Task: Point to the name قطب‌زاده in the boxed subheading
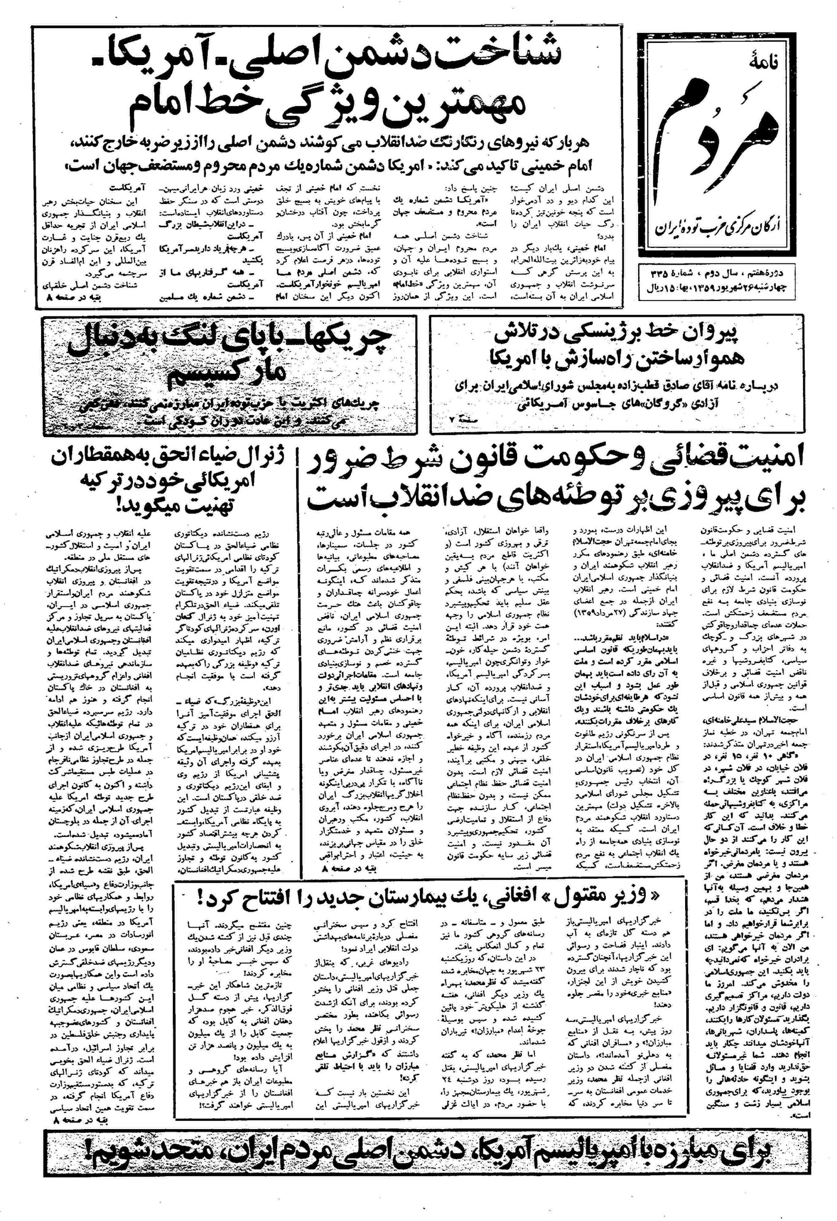point(602,386)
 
